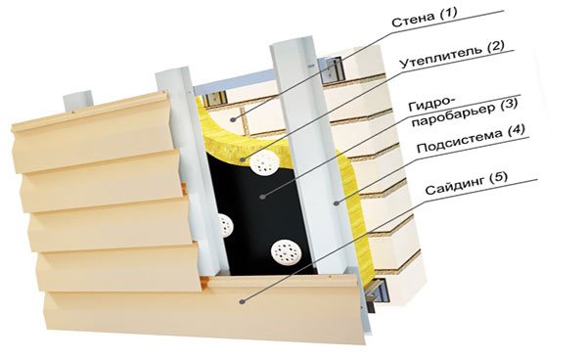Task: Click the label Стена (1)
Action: coord(425,18)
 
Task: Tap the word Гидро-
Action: coord(430,104)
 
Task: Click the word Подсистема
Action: coord(459,142)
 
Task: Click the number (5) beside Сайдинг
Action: coord(498,177)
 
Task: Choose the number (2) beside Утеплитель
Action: coord(495,47)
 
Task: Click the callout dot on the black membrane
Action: coord(263,196)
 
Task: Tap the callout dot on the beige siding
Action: coord(243,301)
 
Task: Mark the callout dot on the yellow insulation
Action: coord(243,159)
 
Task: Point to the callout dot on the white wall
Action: coord(233,119)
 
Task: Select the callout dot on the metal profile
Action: coord(336,203)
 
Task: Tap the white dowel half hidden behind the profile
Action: coord(225,225)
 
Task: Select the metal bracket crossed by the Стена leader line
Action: coord(334,70)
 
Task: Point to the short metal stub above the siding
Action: coord(77,101)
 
